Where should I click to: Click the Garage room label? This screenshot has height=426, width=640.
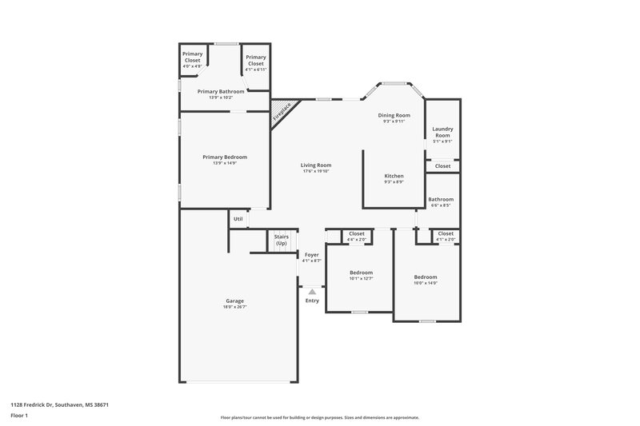click(x=234, y=301)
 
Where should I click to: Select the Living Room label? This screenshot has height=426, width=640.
click(x=317, y=165)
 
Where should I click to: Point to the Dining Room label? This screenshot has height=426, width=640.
click(x=394, y=115)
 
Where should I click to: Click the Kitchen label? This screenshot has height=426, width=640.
click(x=394, y=176)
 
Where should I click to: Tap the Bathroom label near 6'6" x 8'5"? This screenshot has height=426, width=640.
click(x=441, y=199)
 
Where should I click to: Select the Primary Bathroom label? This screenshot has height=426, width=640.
click(x=221, y=92)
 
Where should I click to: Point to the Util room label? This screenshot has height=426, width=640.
click(x=238, y=219)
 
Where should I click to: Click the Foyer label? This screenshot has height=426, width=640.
click(x=312, y=255)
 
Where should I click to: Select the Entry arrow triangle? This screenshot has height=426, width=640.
click(x=312, y=293)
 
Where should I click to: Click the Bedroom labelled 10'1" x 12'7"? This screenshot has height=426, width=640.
click(x=361, y=273)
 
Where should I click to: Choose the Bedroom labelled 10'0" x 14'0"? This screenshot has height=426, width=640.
click(x=426, y=277)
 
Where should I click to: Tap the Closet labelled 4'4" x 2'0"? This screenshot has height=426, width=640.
click(x=357, y=234)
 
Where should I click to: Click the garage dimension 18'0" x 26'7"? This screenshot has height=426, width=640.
click(x=234, y=307)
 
